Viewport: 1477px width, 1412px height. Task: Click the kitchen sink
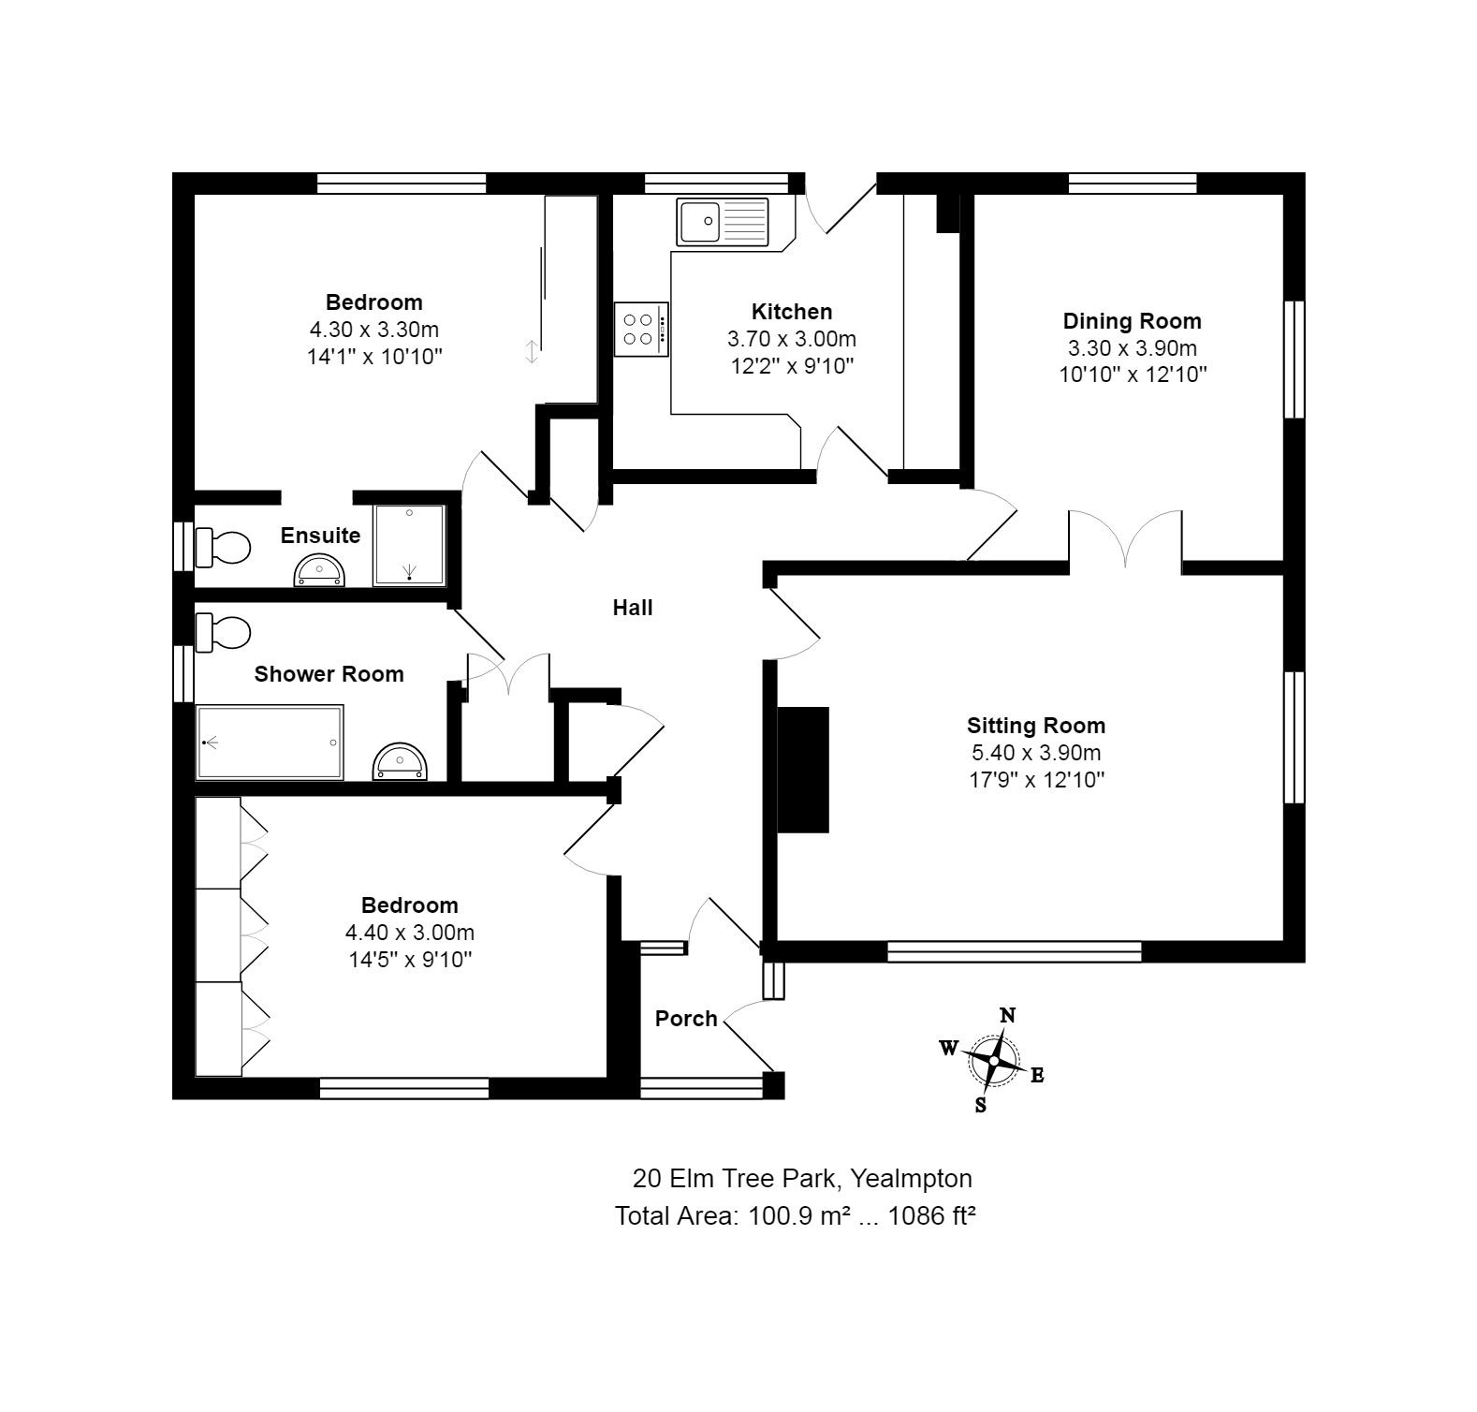point(723,221)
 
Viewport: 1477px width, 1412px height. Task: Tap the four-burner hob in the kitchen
point(641,329)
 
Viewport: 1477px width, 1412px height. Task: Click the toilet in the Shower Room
point(224,632)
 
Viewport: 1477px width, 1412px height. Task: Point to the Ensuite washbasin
point(320,571)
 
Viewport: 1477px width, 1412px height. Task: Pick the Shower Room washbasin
point(400,763)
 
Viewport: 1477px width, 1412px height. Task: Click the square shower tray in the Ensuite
point(409,546)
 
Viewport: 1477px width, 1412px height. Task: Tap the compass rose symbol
point(993,1060)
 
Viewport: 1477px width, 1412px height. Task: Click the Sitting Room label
point(1036,726)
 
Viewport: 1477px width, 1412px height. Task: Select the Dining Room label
point(1132,321)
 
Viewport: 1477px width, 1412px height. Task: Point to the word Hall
point(633,608)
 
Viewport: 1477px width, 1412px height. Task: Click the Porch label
point(686,1019)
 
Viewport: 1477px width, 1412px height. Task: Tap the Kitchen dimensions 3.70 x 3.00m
point(792,339)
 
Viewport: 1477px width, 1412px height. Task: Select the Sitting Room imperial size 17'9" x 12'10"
point(1036,780)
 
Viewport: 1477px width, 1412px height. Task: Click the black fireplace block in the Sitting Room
point(803,770)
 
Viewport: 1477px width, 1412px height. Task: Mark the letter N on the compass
point(1008,1016)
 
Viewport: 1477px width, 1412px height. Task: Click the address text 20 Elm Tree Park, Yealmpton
point(802,1178)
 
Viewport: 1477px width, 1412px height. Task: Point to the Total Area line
point(796,1215)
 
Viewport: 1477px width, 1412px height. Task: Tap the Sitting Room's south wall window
point(1015,952)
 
